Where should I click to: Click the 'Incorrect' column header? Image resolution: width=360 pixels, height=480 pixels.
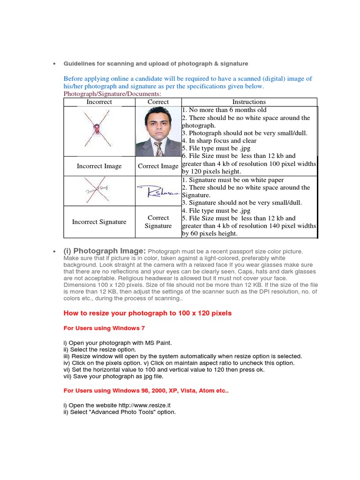pyautogui.click(x=99, y=102)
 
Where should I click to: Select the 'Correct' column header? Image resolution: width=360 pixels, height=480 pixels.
pyautogui.click(x=158, y=102)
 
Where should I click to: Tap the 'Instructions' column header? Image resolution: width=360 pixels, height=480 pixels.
pyautogui.click(x=249, y=102)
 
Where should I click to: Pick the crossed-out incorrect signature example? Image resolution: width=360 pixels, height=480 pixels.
pyautogui.click(x=97, y=191)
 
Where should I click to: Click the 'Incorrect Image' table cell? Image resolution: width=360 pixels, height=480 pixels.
pyautogui.click(x=99, y=166)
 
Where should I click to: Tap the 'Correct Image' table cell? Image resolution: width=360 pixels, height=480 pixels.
pyautogui.click(x=158, y=166)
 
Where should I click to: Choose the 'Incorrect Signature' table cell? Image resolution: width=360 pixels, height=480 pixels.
pyautogui.click(x=99, y=222)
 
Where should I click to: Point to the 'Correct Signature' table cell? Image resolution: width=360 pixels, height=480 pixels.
pyautogui.click(x=158, y=222)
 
